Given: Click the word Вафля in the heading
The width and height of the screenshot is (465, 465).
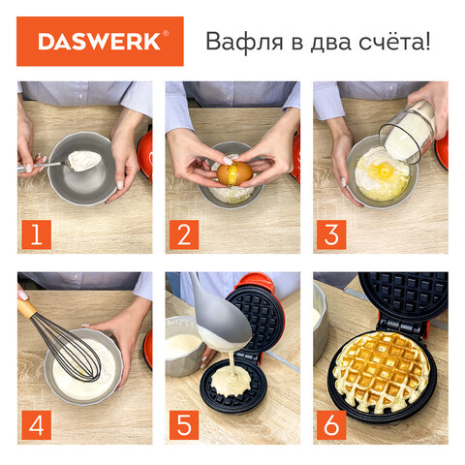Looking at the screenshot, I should point(235,43).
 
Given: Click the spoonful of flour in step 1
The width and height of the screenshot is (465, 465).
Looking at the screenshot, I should point(85,160).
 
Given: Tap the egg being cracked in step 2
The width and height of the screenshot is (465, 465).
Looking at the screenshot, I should point(233,173).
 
